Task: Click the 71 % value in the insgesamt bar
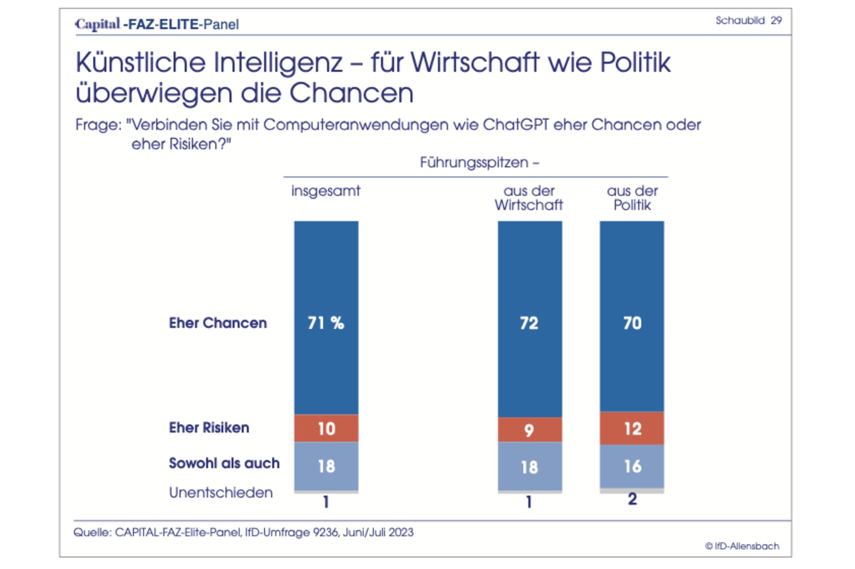tap(326, 323)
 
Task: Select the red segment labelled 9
tap(529, 430)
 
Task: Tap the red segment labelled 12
tap(632, 428)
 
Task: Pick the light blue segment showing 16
tap(632, 466)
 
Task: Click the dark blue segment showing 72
tap(529, 323)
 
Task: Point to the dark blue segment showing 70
tap(632, 323)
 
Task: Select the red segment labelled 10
tap(326, 428)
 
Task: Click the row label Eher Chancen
tap(218, 323)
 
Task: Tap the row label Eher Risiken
tap(209, 427)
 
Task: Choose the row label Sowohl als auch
tap(224, 463)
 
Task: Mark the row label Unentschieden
tap(221, 493)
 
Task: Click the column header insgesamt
tap(326, 191)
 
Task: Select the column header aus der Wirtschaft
tap(529, 198)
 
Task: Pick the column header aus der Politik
tap(632, 198)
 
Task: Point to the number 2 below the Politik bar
tap(632, 499)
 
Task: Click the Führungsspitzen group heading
tap(479, 162)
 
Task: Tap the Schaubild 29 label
tap(748, 20)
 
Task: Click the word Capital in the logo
tap(98, 24)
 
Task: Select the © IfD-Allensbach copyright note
tap(742, 546)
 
